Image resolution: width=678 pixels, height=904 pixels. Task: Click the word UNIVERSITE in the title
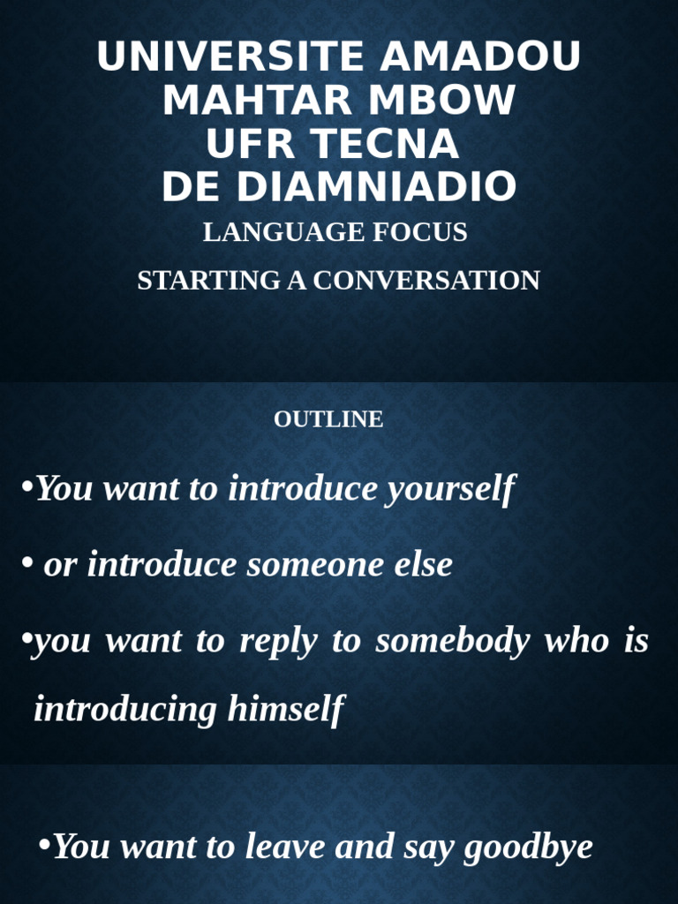tap(232, 57)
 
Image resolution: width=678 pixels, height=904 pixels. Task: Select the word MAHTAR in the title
tap(259, 101)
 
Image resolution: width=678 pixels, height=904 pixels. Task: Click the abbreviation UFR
tap(245, 144)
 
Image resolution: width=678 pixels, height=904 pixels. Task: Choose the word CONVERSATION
tap(426, 281)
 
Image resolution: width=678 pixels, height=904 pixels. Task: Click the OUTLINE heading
tap(328, 419)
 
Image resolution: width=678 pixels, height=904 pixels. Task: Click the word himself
tap(285, 709)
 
